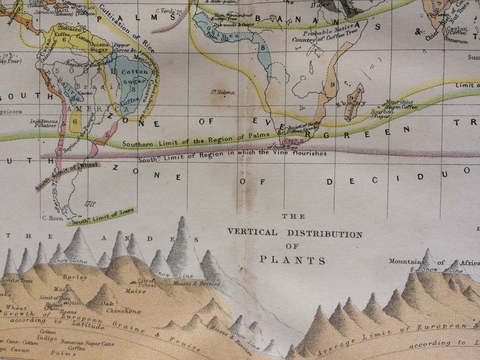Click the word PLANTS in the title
click(293, 260)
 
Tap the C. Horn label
click(53, 217)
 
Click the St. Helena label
click(222, 92)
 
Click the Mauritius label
click(400, 103)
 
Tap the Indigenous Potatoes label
click(44, 124)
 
